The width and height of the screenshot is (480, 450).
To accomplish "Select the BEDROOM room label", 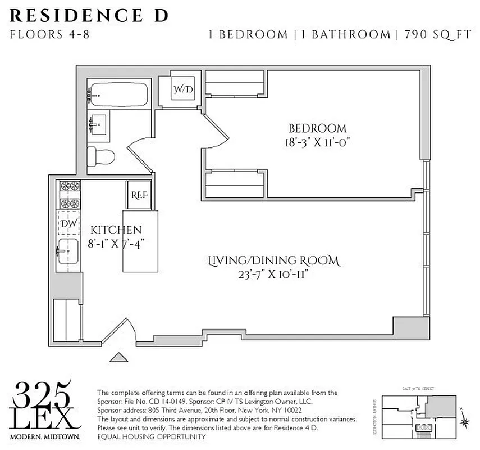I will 317,128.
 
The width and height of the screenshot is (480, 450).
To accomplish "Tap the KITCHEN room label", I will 116,230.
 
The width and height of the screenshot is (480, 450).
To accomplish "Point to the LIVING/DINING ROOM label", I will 273,261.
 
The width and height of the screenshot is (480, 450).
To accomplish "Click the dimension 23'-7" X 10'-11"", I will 273,274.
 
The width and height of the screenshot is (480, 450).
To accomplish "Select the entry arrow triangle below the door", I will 119,357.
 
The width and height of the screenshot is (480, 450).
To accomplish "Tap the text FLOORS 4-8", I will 49,34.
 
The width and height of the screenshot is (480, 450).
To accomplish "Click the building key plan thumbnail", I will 418,416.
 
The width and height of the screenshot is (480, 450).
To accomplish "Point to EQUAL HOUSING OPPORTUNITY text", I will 152,437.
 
